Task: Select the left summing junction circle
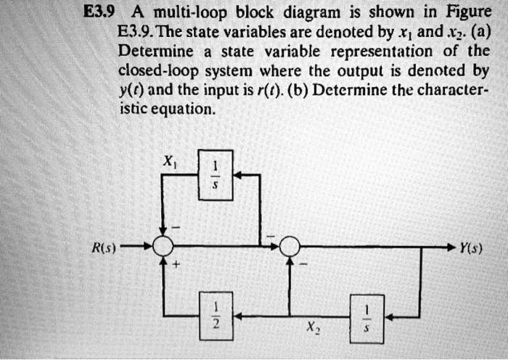coord(163,247)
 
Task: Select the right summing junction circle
coord(290,247)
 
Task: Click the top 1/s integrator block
coord(215,175)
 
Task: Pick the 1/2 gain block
coord(215,316)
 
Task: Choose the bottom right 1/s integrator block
coord(366,316)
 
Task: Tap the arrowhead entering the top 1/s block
coord(237,175)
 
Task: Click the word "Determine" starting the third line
coord(155,52)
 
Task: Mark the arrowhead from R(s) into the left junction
coord(149,247)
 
